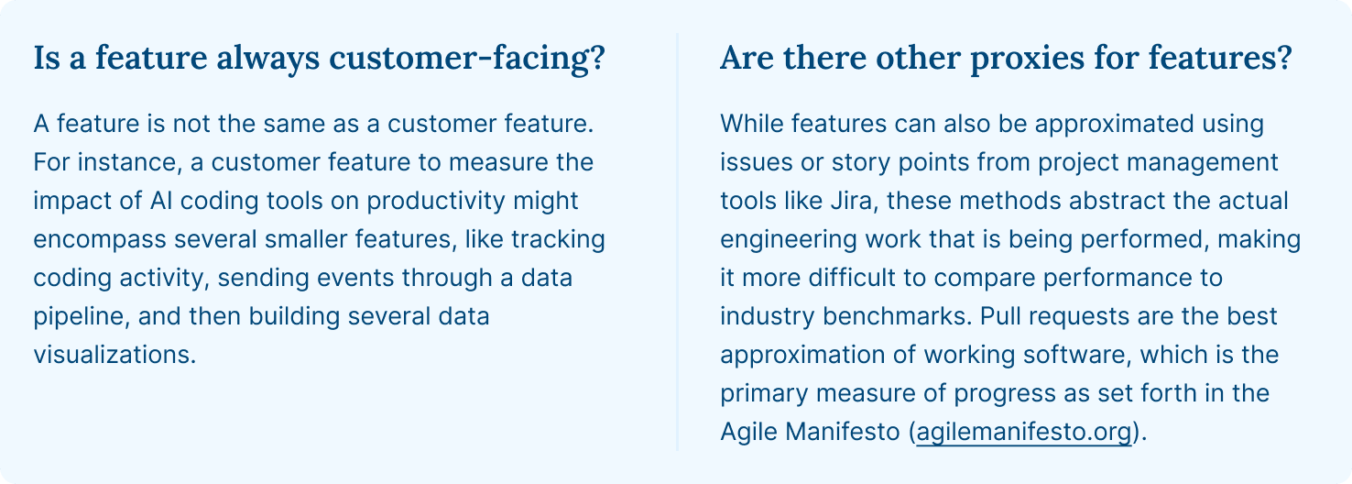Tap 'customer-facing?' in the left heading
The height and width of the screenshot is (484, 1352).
pos(467,59)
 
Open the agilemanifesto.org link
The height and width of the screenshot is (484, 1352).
pos(1024,432)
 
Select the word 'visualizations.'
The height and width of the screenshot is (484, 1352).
pos(114,355)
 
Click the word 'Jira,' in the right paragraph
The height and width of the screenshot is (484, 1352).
pos(855,201)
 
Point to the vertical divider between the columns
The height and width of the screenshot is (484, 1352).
pos(677,242)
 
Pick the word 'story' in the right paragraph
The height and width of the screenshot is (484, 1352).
pos(861,162)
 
